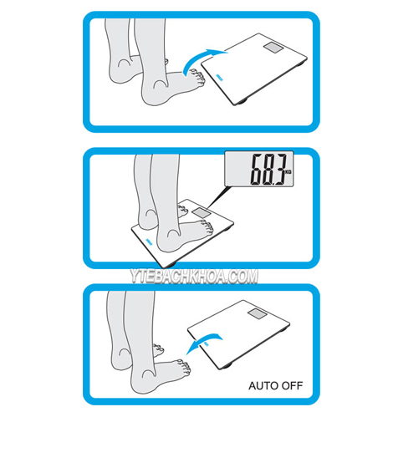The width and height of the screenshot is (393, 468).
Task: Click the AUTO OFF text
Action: pyautogui.click(x=276, y=385)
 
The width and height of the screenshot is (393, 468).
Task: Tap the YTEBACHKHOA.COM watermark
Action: pyautogui.click(x=194, y=277)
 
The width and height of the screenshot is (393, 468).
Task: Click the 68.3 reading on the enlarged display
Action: pyautogui.click(x=268, y=169)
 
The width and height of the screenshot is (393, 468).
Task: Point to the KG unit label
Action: pyautogui.click(x=288, y=172)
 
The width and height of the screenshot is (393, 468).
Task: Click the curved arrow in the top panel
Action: pyautogui.click(x=199, y=57)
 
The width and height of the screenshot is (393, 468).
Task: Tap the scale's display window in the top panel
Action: pyautogui.click(x=274, y=48)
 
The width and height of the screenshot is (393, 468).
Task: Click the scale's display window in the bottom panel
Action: pyautogui.click(x=258, y=313)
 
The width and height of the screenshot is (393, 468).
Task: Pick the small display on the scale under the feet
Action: pyautogui.click(x=201, y=212)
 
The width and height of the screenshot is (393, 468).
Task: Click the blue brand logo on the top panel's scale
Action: pyautogui.click(x=219, y=78)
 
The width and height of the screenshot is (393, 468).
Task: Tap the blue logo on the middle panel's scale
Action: pyautogui.click(x=149, y=242)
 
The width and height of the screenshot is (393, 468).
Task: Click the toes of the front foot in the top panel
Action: pyautogui.click(x=197, y=78)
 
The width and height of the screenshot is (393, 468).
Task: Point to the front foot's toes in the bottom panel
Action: pyautogui.click(x=185, y=368)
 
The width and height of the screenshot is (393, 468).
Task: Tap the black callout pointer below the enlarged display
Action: pyautogui.click(x=218, y=196)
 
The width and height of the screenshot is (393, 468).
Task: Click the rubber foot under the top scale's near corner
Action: pyautogui.click(x=242, y=102)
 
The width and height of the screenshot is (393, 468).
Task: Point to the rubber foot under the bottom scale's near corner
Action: pyautogui.click(x=226, y=367)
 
